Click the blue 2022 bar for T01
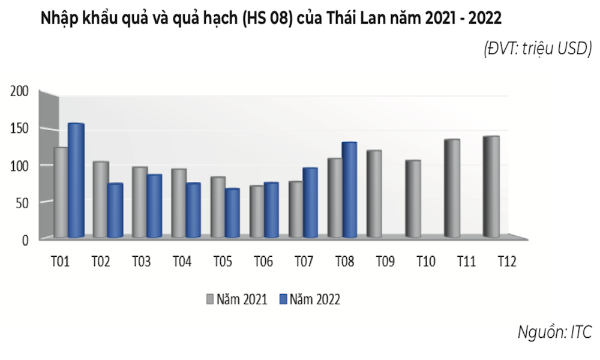pyautogui.click(x=76, y=180)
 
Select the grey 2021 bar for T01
pyautogui.click(x=61, y=192)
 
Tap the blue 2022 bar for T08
pyautogui.click(x=349, y=190)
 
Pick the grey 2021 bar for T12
pyautogui.click(x=491, y=187)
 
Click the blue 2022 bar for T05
pyautogui.click(x=232, y=213)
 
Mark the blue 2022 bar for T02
pyautogui.click(x=115, y=210)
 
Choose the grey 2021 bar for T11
pyautogui.click(x=452, y=188)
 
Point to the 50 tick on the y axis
pyautogui.click(x=22, y=202)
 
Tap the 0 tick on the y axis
pyautogui.click(x=26, y=240)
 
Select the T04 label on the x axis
pyautogui.click(x=182, y=262)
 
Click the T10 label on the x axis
pyautogui.click(x=425, y=262)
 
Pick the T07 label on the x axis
pyautogui.click(x=305, y=262)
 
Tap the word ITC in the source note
pyautogui.click(x=580, y=332)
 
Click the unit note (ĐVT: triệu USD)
pyautogui.click(x=538, y=50)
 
